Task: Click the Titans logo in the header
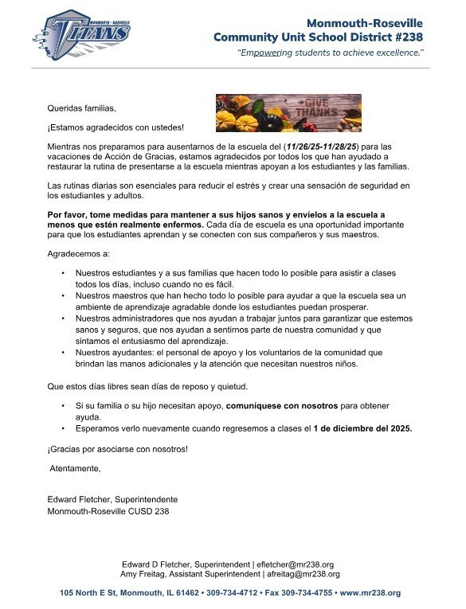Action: [x=81, y=36]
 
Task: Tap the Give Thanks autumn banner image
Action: [x=288, y=112]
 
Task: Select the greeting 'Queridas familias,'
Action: [x=82, y=107]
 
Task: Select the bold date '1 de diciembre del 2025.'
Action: [x=363, y=427]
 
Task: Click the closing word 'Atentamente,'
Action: [x=76, y=468]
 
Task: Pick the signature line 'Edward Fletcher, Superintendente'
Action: [x=112, y=499]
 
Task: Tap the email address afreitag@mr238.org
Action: [x=303, y=574]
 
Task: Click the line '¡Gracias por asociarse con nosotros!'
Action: [x=118, y=449]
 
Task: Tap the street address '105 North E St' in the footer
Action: [x=88, y=593]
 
